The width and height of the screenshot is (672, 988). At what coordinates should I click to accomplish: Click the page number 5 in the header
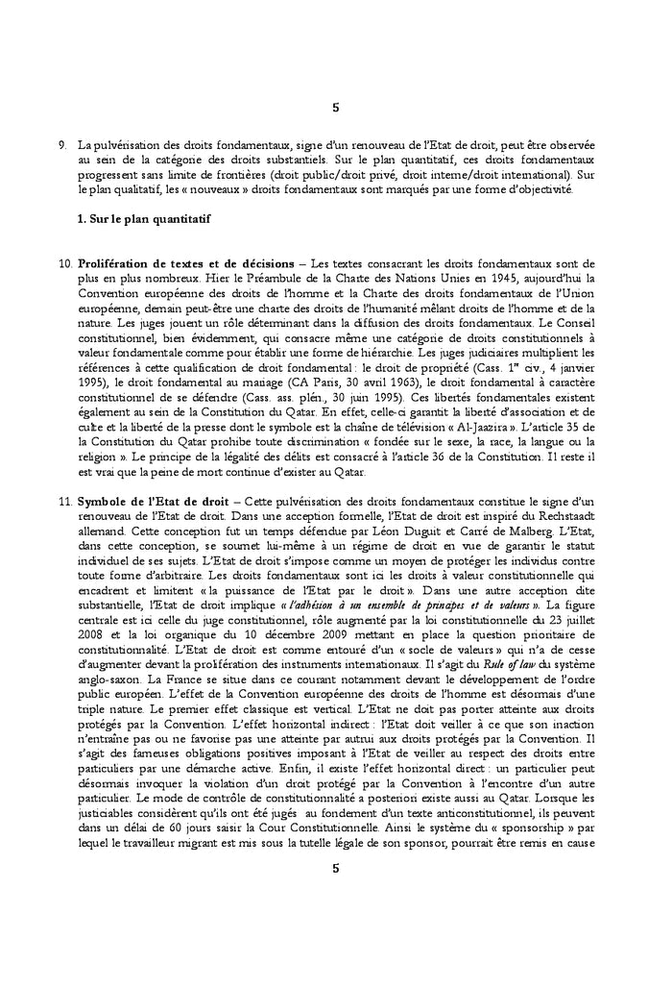[x=335, y=107]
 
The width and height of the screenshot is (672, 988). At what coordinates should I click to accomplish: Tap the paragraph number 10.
[x=65, y=262]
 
